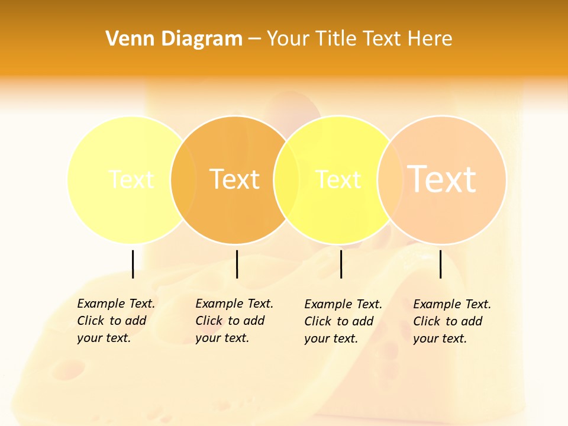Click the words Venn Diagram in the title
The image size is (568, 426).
[174, 39]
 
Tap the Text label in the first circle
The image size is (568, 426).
[131, 179]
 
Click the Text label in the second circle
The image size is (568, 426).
[235, 179]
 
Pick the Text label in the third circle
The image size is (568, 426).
[338, 179]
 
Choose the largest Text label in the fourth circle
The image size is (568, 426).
[442, 179]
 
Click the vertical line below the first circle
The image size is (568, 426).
[133, 264]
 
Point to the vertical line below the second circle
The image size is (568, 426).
[237, 264]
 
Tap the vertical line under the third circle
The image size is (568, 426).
[341, 264]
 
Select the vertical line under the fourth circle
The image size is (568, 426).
[440, 264]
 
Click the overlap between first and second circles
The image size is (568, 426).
[183, 179]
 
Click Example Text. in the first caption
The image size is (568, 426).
[116, 304]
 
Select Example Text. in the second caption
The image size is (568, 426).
[234, 304]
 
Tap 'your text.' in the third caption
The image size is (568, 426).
[331, 338]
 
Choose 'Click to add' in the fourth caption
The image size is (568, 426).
[448, 321]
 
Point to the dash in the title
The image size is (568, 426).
[254, 40]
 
